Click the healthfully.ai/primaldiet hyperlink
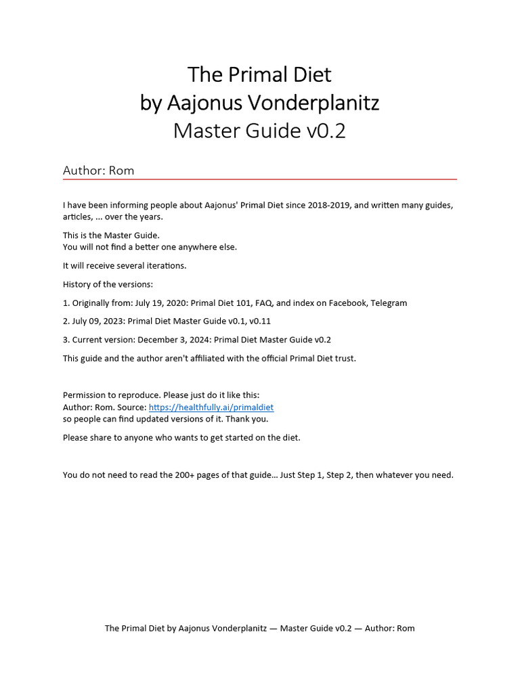211,407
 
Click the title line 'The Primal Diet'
259,74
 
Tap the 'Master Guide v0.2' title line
259,131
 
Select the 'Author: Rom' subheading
98,171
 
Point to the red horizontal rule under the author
259,179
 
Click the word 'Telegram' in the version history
388,303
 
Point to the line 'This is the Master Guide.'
111,236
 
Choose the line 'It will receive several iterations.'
125,266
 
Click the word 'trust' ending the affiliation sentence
343,359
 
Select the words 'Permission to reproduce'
110,395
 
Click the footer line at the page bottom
259,629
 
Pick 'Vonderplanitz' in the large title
313,103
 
